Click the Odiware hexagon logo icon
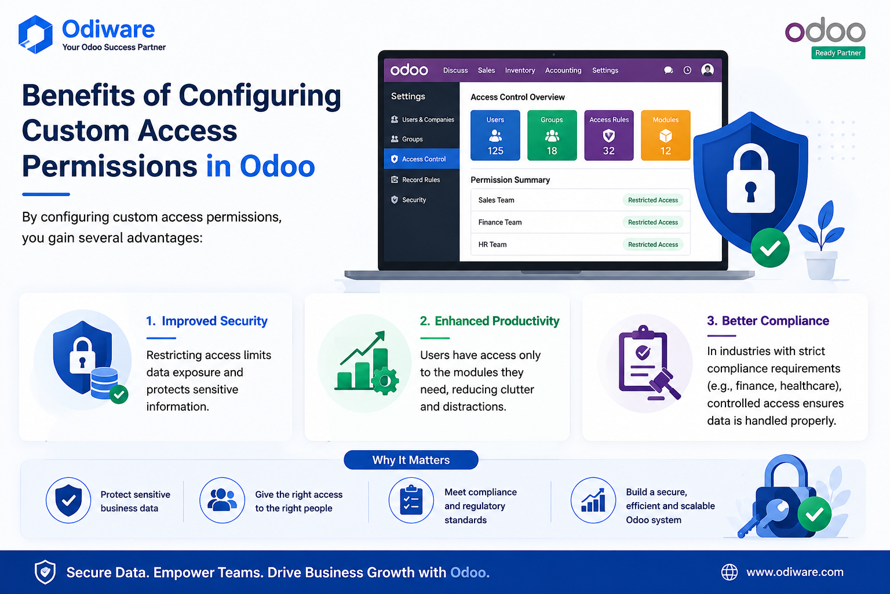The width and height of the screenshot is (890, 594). tap(35, 34)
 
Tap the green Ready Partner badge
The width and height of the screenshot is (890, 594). tap(838, 53)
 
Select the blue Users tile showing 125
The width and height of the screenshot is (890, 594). tap(495, 135)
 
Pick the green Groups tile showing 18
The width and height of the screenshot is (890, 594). tap(552, 135)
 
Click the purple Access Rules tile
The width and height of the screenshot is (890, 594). tap(609, 135)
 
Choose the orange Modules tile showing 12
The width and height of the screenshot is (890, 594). tap(666, 135)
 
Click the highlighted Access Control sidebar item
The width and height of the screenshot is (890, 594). tap(422, 159)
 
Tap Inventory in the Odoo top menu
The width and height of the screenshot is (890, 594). tap(520, 70)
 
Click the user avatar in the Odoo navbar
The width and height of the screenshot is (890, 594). tap(707, 70)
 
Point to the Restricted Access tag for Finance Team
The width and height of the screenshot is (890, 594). tap(653, 222)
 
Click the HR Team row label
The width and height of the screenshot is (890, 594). tap(493, 245)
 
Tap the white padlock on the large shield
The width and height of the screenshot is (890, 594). tap(750, 179)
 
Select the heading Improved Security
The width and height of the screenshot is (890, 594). tap(214, 321)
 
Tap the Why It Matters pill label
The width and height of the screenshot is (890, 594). tap(411, 460)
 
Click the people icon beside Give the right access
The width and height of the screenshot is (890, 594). tap(222, 500)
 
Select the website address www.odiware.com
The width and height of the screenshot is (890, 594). tap(794, 572)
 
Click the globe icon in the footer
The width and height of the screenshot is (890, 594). tap(729, 572)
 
